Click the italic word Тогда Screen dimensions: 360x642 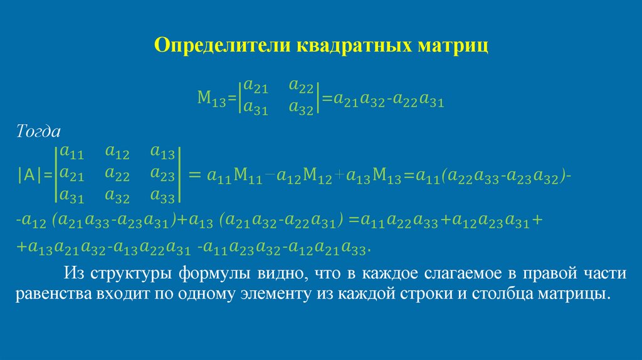pos(38,132)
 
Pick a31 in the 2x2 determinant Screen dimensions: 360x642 pos(256,107)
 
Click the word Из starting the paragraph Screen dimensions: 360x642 pos(73,274)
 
